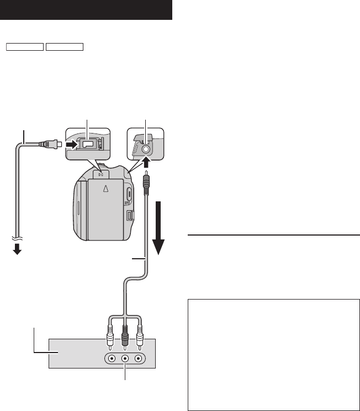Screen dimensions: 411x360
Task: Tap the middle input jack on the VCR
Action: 125,357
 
